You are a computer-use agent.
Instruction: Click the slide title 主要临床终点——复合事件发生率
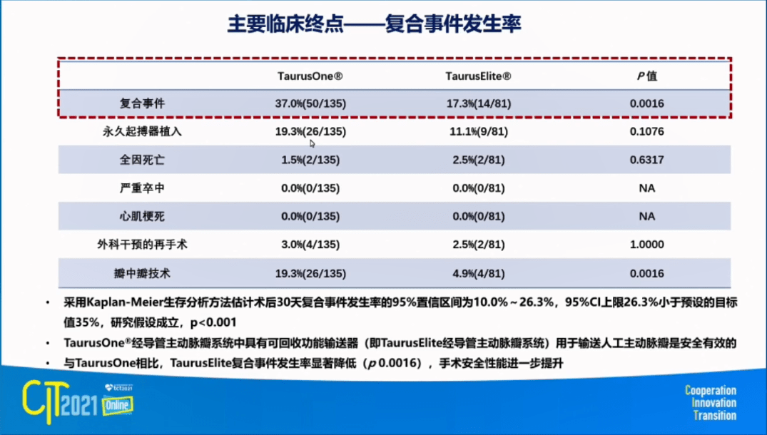pos(374,24)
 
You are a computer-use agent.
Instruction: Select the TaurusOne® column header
pos(310,76)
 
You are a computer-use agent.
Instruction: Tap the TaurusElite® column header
pos(479,76)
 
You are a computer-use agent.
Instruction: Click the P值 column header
pos(646,76)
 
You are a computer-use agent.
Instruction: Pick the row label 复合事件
pos(143,103)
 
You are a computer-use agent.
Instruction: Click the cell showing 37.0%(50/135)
pos(310,103)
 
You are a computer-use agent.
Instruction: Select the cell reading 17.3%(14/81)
pos(479,103)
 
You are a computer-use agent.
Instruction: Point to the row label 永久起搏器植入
pos(143,131)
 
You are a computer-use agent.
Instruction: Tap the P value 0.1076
pos(646,131)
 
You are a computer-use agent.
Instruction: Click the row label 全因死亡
pos(143,160)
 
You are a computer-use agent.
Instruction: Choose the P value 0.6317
pos(646,160)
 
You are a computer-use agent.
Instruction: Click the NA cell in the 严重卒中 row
pos(646,188)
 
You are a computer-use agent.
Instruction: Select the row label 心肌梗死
pos(143,217)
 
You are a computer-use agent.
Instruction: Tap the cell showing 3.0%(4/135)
pos(310,245)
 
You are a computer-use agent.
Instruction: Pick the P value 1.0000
pos(646,245)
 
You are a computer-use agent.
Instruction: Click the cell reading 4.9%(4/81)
pos(479,273)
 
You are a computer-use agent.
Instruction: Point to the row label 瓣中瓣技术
pos(143,273)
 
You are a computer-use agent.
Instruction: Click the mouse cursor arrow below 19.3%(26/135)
pos(312,143)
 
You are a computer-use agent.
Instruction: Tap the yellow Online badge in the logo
pos(118,405)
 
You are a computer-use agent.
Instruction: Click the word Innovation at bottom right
pos(713,403)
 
